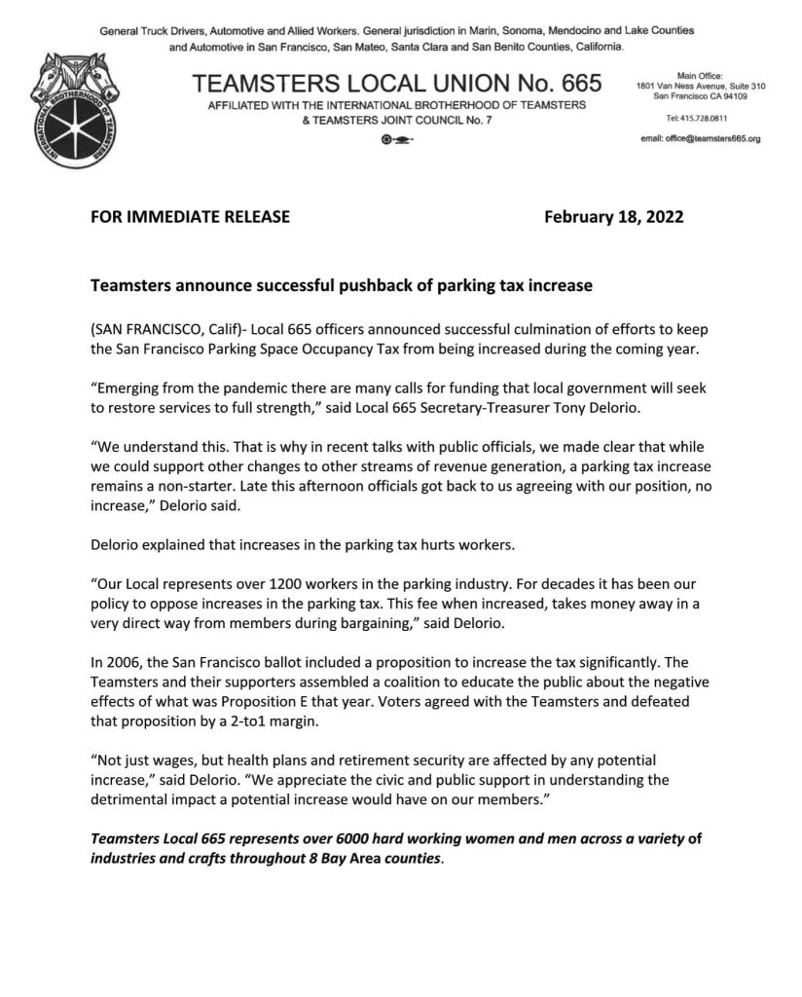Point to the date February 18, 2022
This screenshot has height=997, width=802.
(614, 217)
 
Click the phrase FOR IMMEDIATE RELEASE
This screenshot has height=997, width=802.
(190, 217)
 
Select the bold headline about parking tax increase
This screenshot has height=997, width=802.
(342, 287)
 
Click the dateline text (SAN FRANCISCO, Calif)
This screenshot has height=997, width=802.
(162, 331)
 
